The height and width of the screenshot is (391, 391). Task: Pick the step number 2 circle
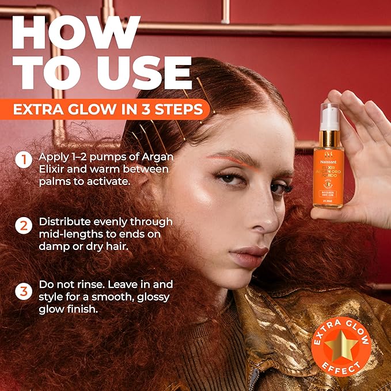click(23, 226)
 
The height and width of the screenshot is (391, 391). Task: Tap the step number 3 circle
click(23, 291)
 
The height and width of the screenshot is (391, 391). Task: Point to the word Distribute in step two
click(64, 222)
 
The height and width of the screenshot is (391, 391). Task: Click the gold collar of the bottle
click(329, 138)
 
